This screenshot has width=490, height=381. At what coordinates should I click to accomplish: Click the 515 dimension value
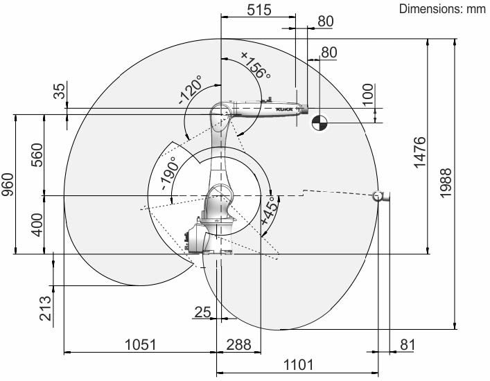259,10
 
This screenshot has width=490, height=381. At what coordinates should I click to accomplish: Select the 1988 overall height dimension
446,182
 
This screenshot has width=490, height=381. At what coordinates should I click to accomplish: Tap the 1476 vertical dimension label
420,152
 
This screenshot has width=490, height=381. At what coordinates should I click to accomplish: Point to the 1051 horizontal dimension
140,345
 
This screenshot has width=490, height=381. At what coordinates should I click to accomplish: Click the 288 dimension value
238,345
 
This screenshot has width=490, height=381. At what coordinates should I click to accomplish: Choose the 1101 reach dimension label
298,364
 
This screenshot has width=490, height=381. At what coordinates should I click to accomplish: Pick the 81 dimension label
408,345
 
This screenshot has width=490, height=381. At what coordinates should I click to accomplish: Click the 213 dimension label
45,308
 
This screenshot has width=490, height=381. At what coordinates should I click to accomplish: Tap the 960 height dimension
8,184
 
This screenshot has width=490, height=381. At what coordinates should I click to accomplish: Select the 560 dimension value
37,155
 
